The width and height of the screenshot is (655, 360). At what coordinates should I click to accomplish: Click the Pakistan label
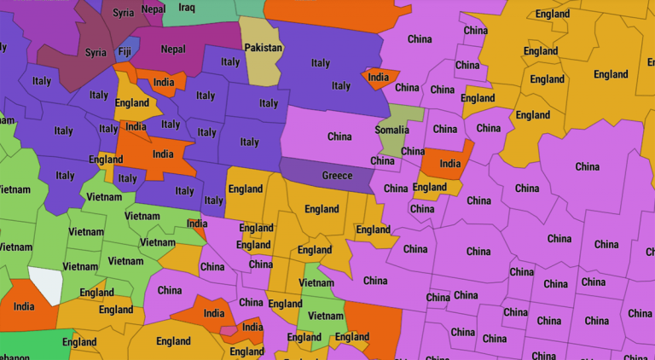pos(263,48)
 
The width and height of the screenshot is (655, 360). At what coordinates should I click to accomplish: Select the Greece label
pos(337,176)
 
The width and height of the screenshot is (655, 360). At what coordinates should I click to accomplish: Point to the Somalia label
pos(391,130)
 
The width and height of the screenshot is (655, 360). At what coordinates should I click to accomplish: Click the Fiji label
pos(125,51)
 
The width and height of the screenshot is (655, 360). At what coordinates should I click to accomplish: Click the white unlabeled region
pos(46,284)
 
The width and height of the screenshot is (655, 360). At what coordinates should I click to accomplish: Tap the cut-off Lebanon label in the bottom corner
pos(10,356)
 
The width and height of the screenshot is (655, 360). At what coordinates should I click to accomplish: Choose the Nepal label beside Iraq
pos(154,9)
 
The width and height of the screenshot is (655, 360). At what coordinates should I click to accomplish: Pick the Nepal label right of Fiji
pos(172,49)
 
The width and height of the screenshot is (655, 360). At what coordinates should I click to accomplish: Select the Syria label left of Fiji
pos(96,53)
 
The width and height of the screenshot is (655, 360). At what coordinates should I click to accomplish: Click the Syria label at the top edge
pos(123,13)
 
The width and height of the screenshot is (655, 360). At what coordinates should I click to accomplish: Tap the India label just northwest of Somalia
pos(378,78)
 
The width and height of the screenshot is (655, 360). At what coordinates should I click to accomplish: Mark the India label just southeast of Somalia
pos(449,163)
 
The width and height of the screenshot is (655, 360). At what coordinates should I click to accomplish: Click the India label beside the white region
pos(24,306)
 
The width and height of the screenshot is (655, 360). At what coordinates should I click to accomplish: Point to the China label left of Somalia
pos(339,136)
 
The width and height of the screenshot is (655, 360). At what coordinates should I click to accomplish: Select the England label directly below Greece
pos(322,209)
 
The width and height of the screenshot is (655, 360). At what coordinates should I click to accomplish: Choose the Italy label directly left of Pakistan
pos(229,61)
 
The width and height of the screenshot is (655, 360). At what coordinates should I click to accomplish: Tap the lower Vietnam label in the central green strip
pos(325,316)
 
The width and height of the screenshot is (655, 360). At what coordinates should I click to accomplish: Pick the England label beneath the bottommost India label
pos(246,351)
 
